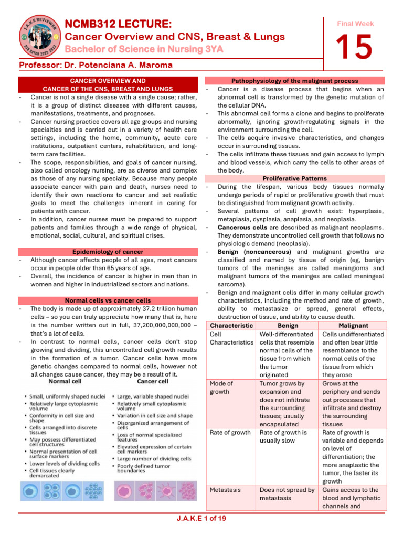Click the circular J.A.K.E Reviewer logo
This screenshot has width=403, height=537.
[x=33, y=37]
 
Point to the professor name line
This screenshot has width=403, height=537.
[x=96, y=65]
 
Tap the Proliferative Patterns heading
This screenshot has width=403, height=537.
[x=295, y=178]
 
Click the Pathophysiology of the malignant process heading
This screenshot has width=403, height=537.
[x=295, y=81]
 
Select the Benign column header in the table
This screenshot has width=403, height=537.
[x=287, y=325]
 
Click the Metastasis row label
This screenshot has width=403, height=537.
[x=225, y=490]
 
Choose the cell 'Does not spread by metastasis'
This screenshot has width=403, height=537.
[x=287, y=494]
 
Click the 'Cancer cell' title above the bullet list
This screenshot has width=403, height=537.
[x=152, y=381]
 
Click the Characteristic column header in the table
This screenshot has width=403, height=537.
[x=230, y=325]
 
